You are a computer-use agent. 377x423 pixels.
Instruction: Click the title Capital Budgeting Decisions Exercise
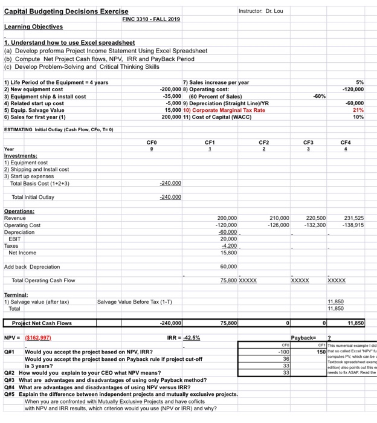tap(66, 11)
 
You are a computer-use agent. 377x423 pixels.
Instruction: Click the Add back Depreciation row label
tap(32, 266)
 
